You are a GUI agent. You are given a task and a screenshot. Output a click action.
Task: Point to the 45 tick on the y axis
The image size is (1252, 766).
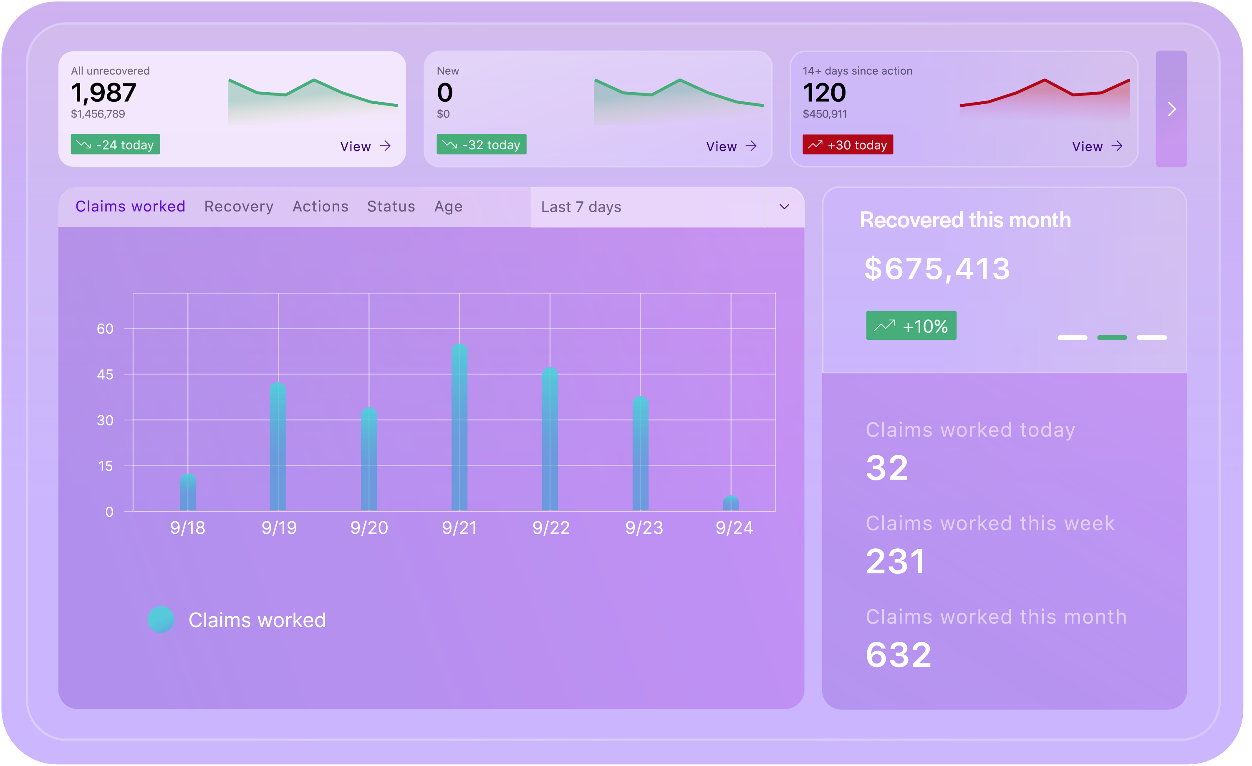point(106,376)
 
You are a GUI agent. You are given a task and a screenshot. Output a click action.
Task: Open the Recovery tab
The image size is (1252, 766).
point(240,207)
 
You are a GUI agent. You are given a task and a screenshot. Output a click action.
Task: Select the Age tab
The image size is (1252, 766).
point(450,207)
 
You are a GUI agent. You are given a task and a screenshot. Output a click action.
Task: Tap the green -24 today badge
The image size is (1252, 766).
point(116,145)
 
